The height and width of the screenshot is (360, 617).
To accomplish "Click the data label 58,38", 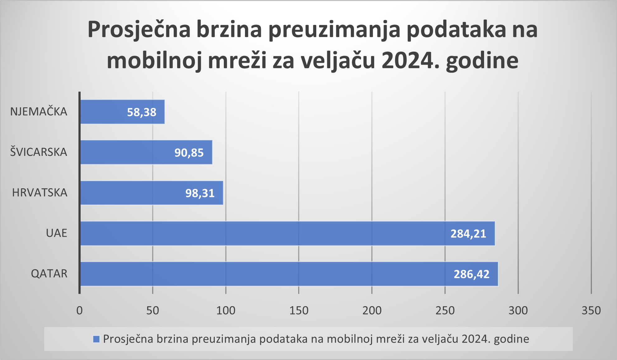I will pos(142,112).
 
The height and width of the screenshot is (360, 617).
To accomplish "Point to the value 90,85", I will pos(189,152).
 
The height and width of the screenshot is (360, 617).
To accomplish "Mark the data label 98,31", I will pos(200,193).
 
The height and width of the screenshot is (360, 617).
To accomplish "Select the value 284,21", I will pos(468,234).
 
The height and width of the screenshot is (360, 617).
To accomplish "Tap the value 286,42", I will pos(471,274).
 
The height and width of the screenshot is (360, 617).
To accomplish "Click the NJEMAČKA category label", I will pos(39,111).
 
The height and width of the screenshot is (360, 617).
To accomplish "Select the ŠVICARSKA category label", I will pos(39,152).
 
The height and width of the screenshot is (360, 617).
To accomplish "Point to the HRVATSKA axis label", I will pos(40,193).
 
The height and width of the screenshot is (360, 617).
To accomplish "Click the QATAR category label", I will pos(49,274).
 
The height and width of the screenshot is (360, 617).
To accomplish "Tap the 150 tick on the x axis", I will pos(299,311).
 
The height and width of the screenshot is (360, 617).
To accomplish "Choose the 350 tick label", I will pos(591,311).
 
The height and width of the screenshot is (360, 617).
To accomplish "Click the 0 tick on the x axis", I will pos(80,311).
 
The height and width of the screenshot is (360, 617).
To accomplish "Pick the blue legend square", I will pos(97,339).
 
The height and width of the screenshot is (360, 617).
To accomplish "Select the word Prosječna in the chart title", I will pos(139,29).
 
